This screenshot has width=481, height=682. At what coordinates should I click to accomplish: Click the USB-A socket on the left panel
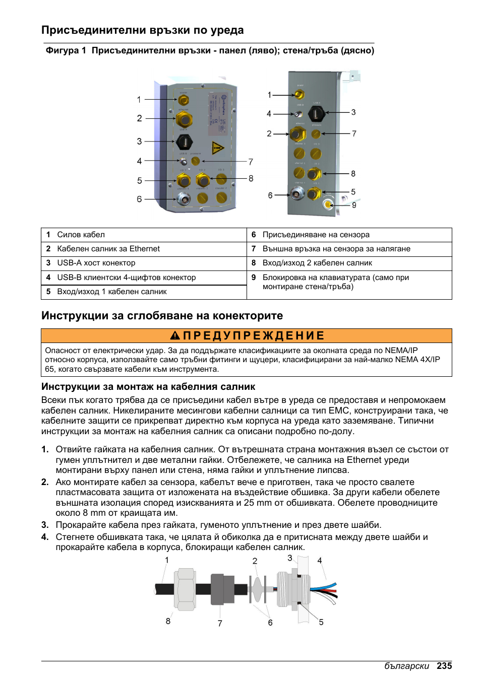click(x=184, y=142)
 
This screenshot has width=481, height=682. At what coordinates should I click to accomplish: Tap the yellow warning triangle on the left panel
click(x=217, y=148)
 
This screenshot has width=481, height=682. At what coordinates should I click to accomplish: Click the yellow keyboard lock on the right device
click(x=328, y=204)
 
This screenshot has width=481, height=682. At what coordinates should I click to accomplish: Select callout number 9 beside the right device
click(x=354, y=205)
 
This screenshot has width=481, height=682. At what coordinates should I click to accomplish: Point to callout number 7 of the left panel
click(x=251, y=162)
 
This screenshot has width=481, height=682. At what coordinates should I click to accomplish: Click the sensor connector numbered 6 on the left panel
click(x=184, y=198)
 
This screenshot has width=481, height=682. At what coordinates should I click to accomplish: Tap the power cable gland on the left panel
click(x=184, y=100)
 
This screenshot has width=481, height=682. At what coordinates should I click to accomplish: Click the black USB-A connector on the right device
click(x=316, y=113)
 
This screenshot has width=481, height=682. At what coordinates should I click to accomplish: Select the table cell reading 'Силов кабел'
click(x=81, y=235)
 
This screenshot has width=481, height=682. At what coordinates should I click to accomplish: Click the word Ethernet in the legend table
click(x=144, y=249)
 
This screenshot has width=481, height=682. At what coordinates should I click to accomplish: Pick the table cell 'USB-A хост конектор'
click(x=96, y=263)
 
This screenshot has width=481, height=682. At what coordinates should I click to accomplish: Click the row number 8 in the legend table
click(x=254, y=263)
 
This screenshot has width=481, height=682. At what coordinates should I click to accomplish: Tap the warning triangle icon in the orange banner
click(x=174, y=335)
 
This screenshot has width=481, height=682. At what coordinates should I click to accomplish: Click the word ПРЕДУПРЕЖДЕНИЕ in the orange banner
click(x=254, y=335)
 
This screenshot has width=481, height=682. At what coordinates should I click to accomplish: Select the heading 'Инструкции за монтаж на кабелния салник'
click(x=148, y=386)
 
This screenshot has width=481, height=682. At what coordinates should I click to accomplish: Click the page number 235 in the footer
click(x=444, y=666)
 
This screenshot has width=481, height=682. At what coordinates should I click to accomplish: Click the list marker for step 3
click(x=45, y=525)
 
